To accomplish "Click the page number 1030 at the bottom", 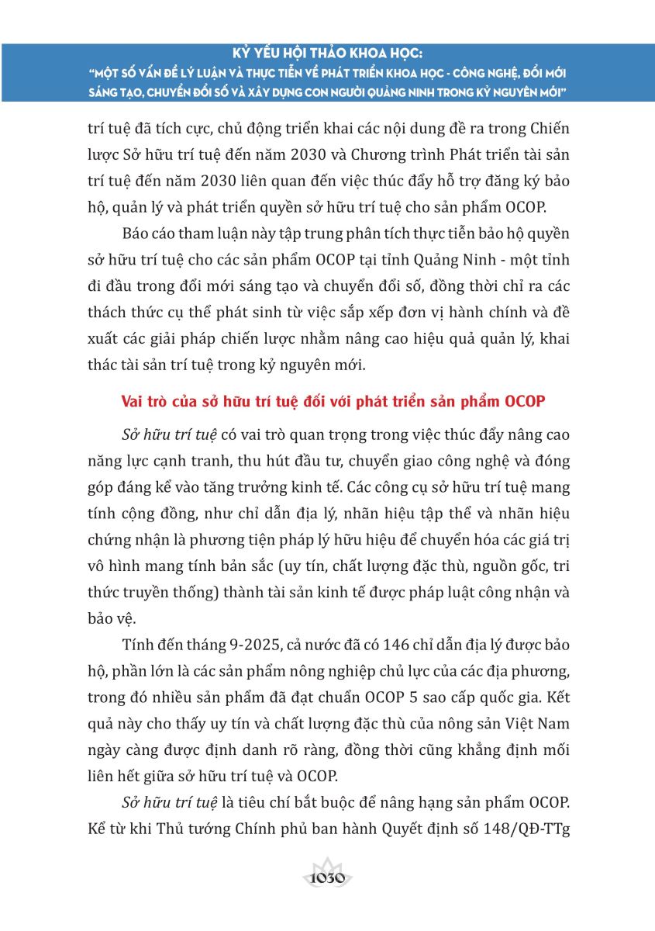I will [x=326, y=879].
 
